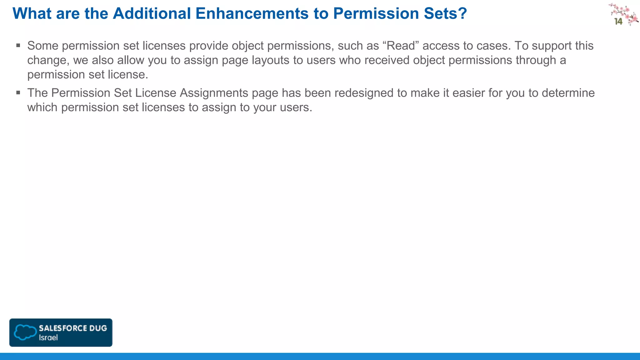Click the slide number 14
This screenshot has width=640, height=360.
pos(618,22)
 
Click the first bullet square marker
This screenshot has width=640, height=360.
pos(18,46)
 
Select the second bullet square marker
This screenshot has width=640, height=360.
pos(18,93)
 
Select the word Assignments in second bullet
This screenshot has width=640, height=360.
pos(214,93)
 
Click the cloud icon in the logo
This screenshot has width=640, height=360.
pos(25,332)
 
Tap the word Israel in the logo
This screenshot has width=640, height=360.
pos(48,337)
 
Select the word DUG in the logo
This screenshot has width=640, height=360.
pos(98,328)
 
